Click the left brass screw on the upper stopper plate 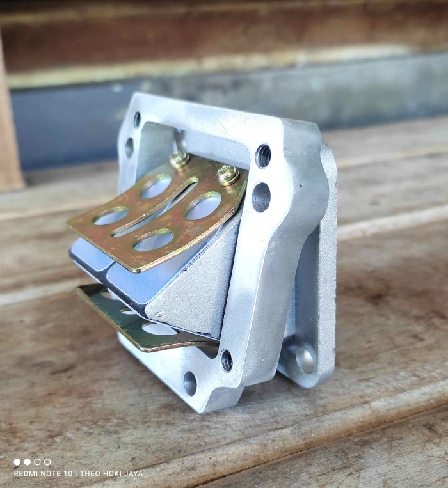[179, 160]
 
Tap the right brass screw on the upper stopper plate [228, 175]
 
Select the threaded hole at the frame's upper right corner [264, 155]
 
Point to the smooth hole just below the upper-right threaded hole [261, 198]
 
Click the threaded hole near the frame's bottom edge [227, 360]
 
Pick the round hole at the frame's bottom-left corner [190, 383]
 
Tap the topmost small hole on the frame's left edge [138, 120]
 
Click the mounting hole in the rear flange [305, 360]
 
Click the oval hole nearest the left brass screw [156, 186]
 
